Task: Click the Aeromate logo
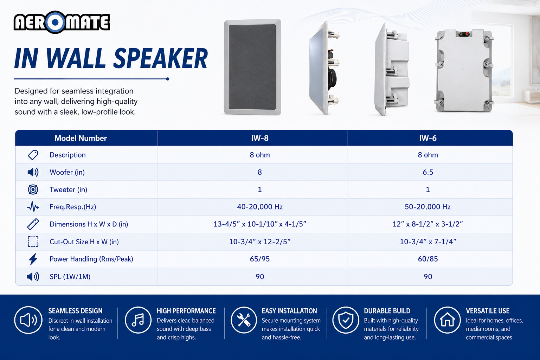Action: pyautogui.click(x=62, y=22)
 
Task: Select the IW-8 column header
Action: pyautogui.click(x=260, y=138)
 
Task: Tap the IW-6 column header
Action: pyautogui.click(x=427, y=138)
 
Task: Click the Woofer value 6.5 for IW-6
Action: pyautogui.click(x=427, y=172)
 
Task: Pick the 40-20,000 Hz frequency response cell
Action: pyautogui.click(x=260, y=207)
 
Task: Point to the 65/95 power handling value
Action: pyautogui.click(x=260, y=259)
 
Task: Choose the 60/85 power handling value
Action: pyautogui.click(x=427, y=259)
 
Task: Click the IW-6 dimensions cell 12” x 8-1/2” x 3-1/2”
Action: pyautogui.click(x=427, y=224)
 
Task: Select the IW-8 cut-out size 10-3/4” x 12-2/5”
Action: pyautogui.click(x=260, y=242)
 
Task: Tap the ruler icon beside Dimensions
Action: pyautogui.click(x=33, y=224)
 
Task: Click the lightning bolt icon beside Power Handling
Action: pyautogui.click(x=33, y=259)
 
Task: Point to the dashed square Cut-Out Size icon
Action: pyautogui.click(x=33, y=242)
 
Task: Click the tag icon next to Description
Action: pyautogui.click(x=33, y=155)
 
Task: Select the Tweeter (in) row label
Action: pyautogui.click(x=68, y=189)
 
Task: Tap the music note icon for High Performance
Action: pyautogui.click(x=138, y=320)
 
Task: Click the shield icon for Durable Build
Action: pyautogui.click(x=346, y=320)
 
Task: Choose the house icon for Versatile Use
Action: pyautogui.click(x=447, y=320)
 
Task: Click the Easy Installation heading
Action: pyautogui.click(x=289, y=311)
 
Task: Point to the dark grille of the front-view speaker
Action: pyautogui.click(x=252, y=67)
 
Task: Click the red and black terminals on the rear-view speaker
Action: pyautogui.click(x=464, y=34)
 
